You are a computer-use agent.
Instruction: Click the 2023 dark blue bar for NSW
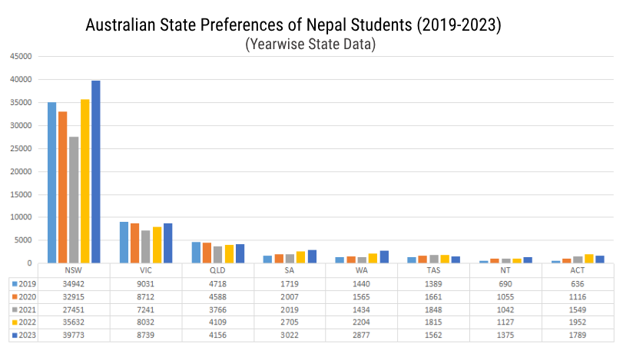click(96, 172)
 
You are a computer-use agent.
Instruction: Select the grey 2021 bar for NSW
click(74, 200)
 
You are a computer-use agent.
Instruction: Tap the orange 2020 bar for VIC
click(135, 243)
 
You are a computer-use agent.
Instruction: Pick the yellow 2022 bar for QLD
click(229, 254)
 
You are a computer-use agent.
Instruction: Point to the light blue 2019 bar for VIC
click(124, 243)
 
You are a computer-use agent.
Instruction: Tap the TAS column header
click(432, 271)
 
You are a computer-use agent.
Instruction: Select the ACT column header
click(577, 271)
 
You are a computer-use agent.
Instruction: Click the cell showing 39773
click(74, 335)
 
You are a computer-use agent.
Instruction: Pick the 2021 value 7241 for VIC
click(146, 309)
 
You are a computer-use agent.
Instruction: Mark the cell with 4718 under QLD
click(217, 284)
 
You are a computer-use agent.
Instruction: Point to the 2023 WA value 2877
click(361, 335)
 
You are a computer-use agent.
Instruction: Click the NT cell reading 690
click(505, 284)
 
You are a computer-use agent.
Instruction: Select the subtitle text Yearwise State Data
click(310, 45)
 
